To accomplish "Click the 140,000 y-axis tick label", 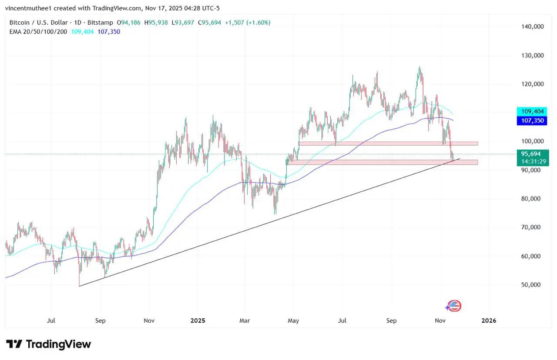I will (533, 27).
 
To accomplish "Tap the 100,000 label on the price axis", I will (533, 141).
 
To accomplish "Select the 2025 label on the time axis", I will (198, 321).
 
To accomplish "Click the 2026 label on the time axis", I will (489, 321).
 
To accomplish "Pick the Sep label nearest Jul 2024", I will (100, 321).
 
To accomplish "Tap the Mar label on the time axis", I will (245, 321).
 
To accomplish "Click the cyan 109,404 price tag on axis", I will (531, 111).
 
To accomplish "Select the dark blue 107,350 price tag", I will (531, 120).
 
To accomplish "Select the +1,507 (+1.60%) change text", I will (247, 22).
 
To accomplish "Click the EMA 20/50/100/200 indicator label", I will (39, 32).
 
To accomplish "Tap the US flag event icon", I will (454, 306).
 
